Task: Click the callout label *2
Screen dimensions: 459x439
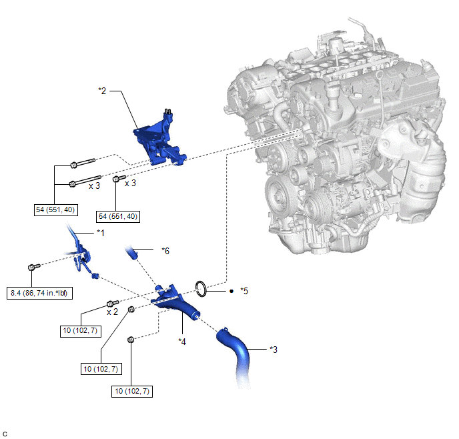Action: click(102, 91)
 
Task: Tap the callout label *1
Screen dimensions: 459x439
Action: click(100, 233)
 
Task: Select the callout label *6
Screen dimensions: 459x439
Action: click(165, 251)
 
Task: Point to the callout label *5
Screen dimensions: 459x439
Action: click(244, 291)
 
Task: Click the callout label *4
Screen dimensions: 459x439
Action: click(182, 342)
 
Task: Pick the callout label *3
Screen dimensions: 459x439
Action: click(274, 350)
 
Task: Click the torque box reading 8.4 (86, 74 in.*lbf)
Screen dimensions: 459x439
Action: click(39, 293)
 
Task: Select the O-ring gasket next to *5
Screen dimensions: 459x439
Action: click(201, 289)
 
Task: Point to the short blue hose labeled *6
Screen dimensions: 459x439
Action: click(131, 253)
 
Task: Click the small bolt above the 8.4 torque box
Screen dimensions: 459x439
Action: click(33, 267)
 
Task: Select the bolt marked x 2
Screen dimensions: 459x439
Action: click(113, 304)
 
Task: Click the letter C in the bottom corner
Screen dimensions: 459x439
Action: click(5, 434)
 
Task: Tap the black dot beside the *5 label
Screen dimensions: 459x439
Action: click(232, 291)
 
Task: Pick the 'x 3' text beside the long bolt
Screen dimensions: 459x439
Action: click(94, 186)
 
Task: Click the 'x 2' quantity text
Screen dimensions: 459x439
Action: click(112, 312)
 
